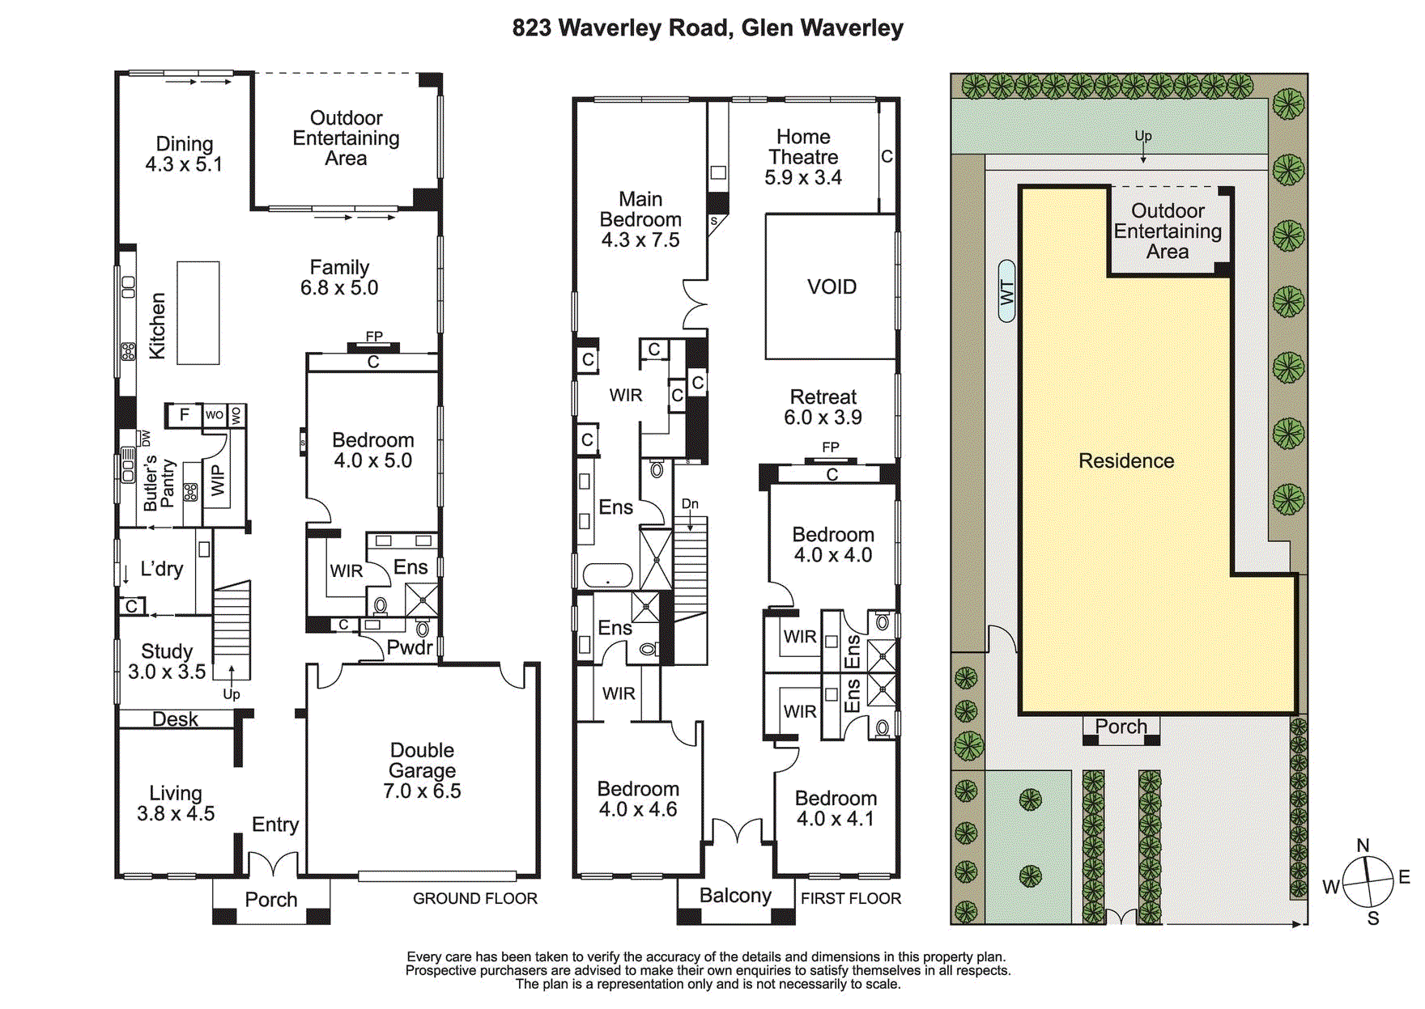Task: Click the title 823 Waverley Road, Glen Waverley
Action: coord(707,28)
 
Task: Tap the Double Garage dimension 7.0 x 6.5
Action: coord(422,791)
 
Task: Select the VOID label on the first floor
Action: coord(832,287)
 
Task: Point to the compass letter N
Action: coord(1363,846)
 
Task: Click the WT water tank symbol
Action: coord(1006,291)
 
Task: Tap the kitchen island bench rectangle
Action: coord(198,312)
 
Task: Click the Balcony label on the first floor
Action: coord(735,896)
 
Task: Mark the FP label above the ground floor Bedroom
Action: coord(374,337)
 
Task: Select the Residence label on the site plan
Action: coord(1126,461)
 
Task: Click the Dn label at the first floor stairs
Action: coord(690,504)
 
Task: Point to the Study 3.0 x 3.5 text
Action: coord(167,662)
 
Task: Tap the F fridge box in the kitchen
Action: coord(184,415)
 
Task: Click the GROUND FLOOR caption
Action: coord(474,899)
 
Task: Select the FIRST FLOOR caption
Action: coord(850,899)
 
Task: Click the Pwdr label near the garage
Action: coord(409,647)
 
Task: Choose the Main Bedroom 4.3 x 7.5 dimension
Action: coord(640,240)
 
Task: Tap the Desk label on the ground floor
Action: coord(175,719)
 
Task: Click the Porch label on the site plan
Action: coord(1121,727)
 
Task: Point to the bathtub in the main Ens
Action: coord(607,575)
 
